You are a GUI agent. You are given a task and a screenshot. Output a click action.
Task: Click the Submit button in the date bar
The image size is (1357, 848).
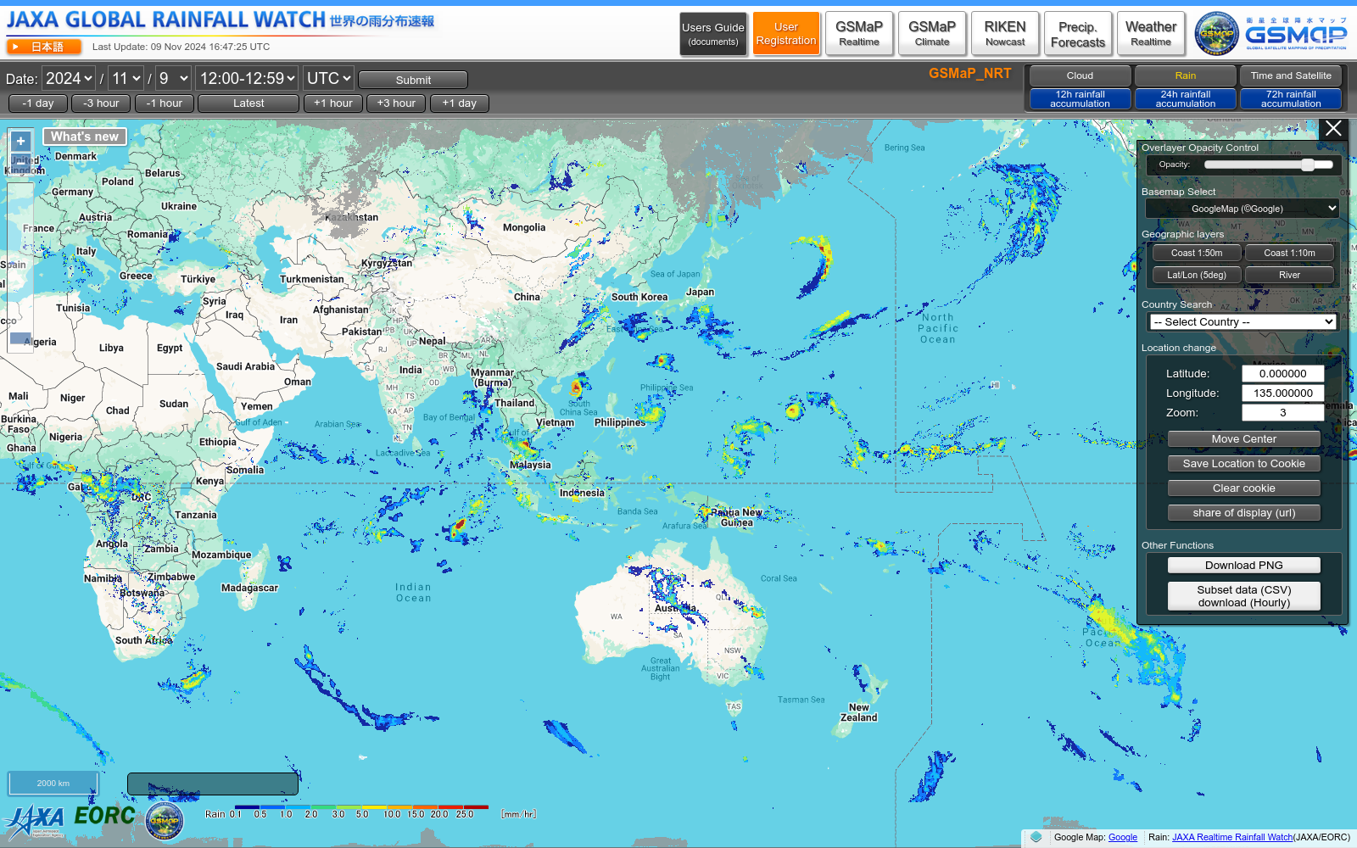tap(413, 80)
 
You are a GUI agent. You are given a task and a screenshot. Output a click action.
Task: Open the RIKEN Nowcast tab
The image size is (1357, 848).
tap(1005, 34)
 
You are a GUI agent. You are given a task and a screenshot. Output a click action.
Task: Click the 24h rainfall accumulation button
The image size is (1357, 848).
tap(1185, 99)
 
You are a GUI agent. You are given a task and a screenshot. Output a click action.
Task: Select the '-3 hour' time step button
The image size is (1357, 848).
tap(101, 103)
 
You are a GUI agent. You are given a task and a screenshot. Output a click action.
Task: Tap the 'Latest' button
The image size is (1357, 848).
tap(249, 103)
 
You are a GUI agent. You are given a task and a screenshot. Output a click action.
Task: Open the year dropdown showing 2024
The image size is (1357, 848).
tap(69, 79)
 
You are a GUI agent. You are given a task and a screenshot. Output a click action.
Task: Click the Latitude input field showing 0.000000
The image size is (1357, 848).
tap(1282, 374)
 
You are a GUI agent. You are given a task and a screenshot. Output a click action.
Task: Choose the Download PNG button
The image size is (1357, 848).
tap(1243, 566)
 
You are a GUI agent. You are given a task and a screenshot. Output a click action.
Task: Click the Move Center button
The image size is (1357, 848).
tap(1243, 439)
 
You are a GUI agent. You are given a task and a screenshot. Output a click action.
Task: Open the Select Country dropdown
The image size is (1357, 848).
tap(1243, 322)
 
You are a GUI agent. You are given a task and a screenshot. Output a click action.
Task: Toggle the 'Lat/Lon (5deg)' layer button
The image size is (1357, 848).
tap(1196, 275)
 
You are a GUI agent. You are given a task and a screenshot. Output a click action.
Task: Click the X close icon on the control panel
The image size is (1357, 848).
tap(1333, 129)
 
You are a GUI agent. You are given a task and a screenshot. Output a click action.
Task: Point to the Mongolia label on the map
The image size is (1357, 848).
tap(524, 227)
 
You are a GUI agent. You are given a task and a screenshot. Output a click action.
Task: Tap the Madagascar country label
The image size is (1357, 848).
tap(249, 588)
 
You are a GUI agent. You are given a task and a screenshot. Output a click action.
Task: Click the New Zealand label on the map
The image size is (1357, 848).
tap(858, 712)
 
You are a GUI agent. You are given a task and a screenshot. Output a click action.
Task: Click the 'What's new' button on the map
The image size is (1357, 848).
tap(85, 137)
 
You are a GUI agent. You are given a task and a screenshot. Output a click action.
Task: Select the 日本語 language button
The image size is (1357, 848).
tap(44, 47)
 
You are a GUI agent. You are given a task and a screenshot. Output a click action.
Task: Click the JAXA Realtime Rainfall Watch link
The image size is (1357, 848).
tap(1232, 837)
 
